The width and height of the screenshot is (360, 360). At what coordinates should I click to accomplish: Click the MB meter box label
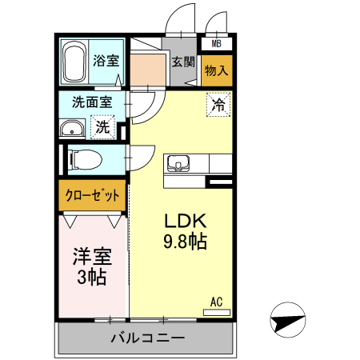217,45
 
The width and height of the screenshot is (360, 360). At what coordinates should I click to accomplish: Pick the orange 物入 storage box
217,70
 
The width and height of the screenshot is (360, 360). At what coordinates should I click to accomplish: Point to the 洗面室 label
91,102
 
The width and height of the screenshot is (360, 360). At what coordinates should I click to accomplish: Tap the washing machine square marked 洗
103,126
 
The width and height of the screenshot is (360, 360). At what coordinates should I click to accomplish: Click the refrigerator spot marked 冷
218,103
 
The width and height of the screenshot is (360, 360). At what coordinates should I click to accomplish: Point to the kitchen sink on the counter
177,163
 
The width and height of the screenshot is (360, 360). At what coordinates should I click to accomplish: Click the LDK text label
186,222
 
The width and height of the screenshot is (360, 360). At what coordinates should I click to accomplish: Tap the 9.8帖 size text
186,242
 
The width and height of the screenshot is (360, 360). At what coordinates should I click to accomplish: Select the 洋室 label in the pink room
92,258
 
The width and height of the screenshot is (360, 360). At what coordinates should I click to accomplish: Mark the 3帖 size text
92,278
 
